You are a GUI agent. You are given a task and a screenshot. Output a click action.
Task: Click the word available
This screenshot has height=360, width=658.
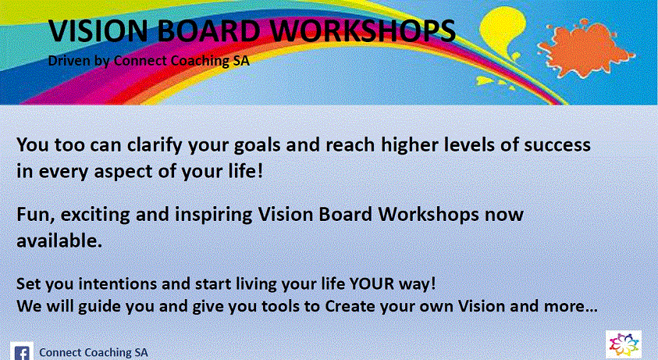tap(59, 241)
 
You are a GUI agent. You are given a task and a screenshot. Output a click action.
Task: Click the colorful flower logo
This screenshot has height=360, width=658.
tap(623, 344)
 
